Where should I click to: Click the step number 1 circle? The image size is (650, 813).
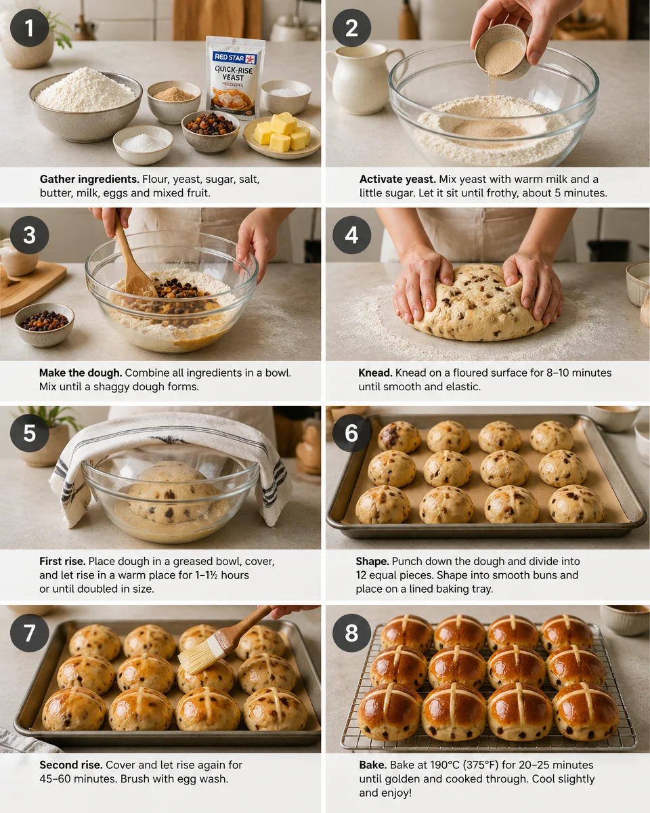(x=29, y=28)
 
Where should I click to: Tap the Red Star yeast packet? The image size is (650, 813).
(x=234, y=77)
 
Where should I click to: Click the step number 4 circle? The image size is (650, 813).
(x=351, y=235)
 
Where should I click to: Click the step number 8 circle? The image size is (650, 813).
(x=351, y=633)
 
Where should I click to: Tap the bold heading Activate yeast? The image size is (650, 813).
(x=397, y=180)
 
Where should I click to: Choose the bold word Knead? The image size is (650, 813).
(x=375, y=373)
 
